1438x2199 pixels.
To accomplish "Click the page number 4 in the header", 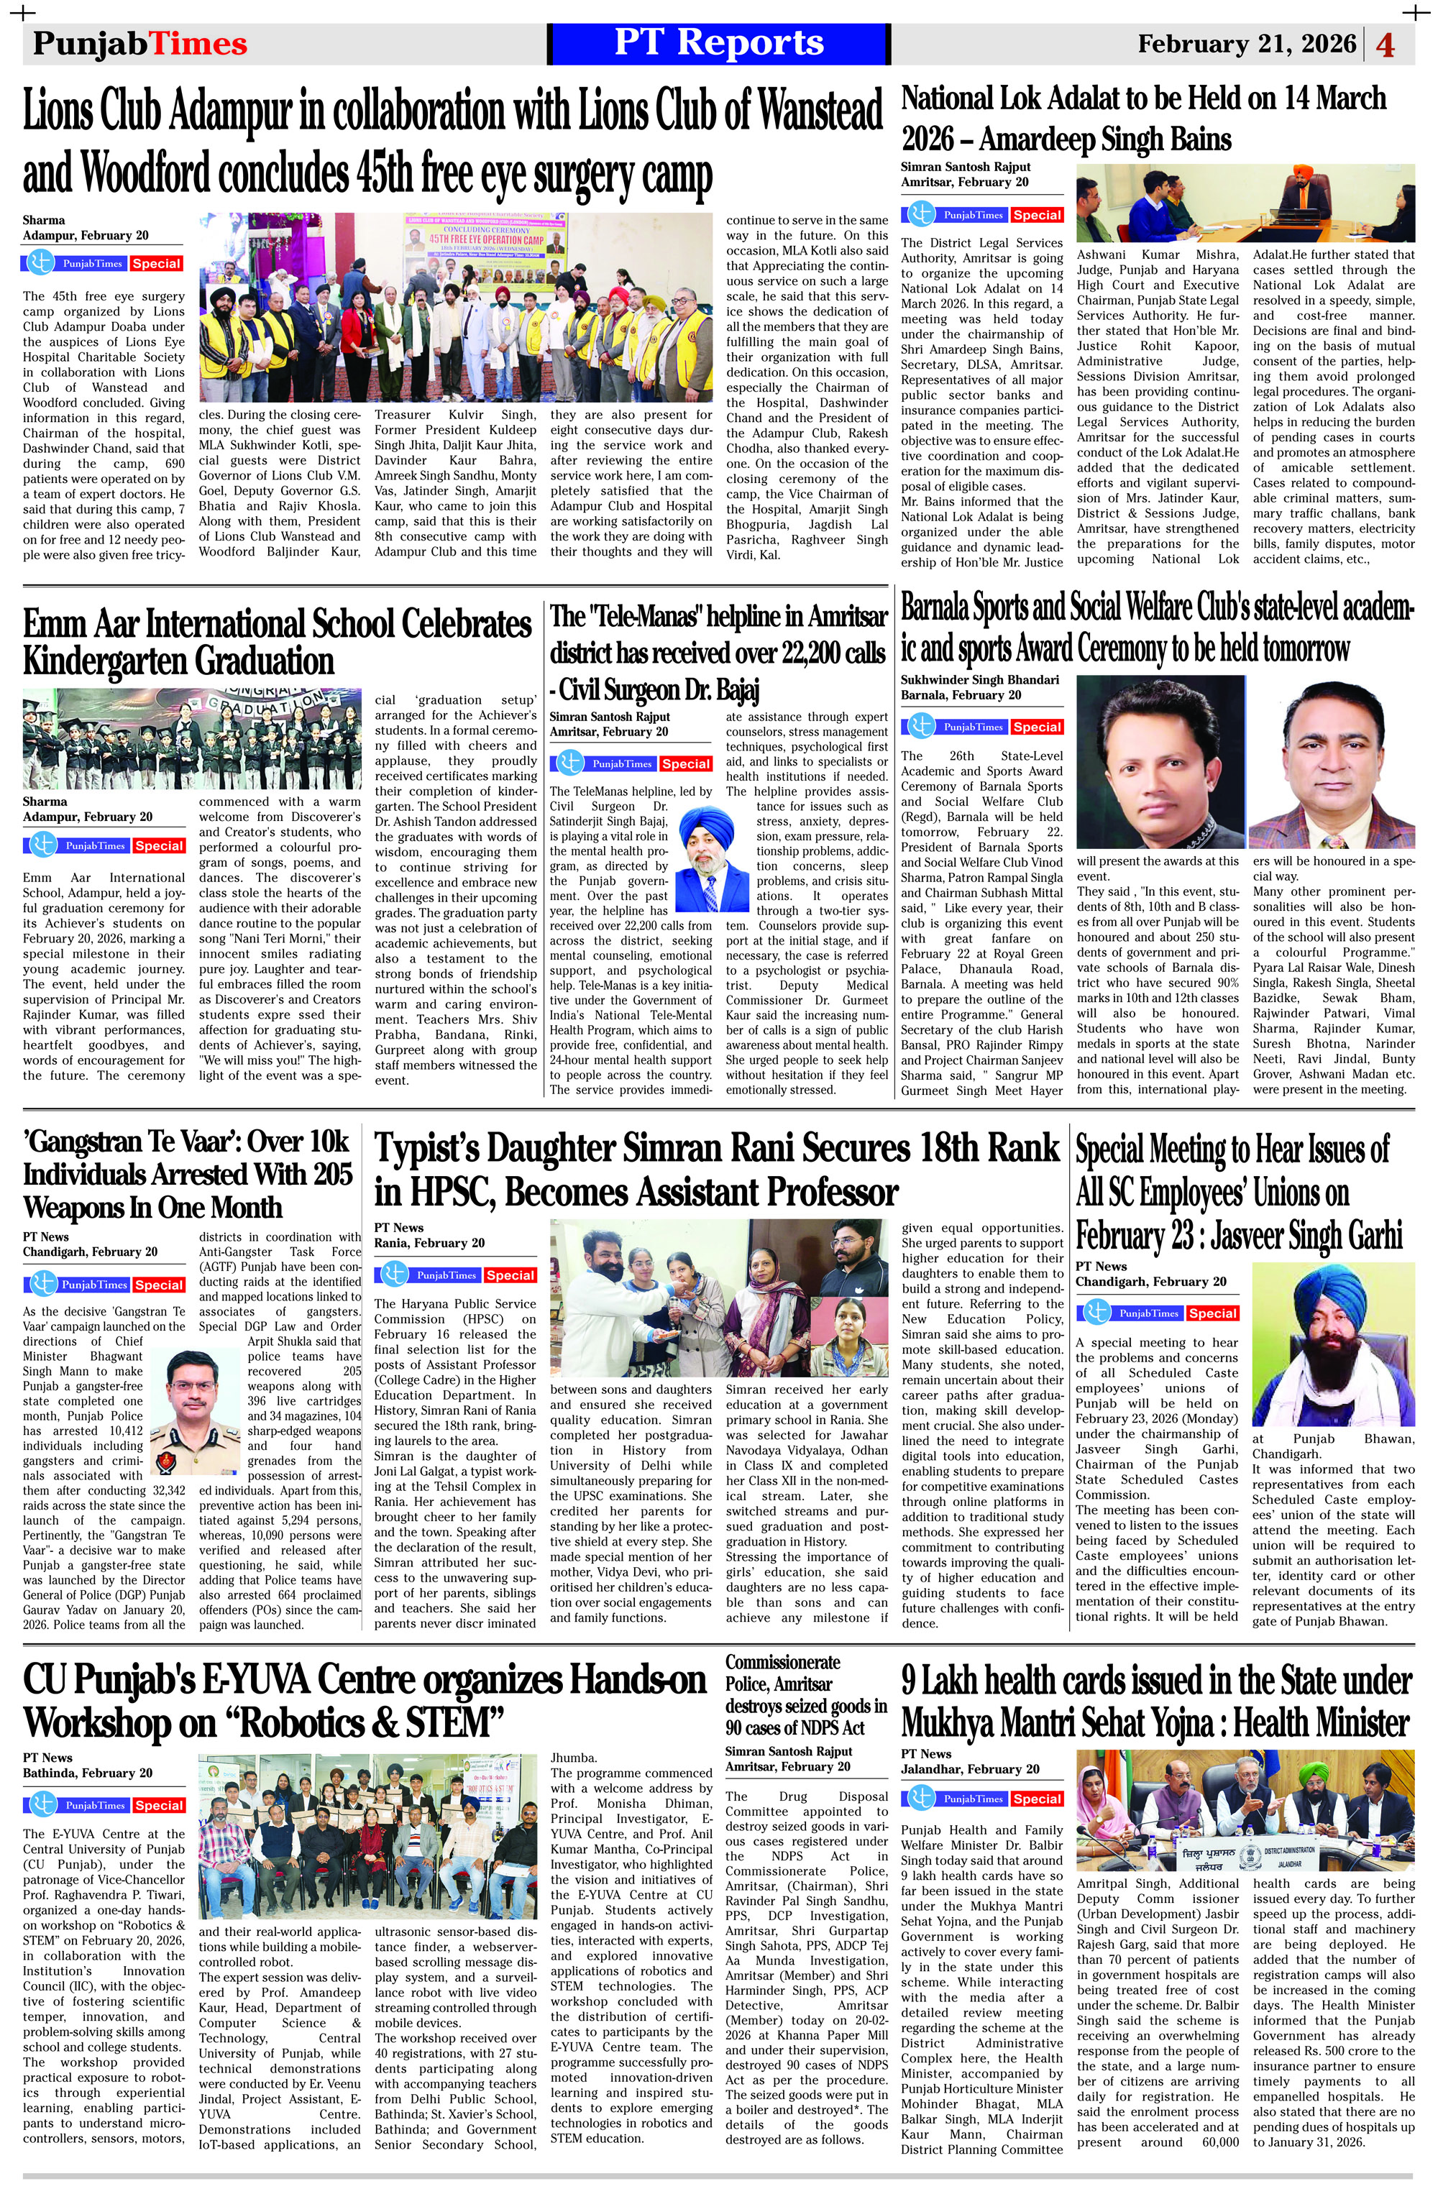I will click(x=1386, y=45).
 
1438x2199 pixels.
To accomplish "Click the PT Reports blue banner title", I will click(x=718, y=43).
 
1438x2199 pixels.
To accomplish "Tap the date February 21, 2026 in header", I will click(x=1247, y=45).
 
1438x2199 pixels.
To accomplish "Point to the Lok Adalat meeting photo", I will click(x=1245, y=202).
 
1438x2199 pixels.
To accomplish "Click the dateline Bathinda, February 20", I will click(x=88, y=1773).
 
